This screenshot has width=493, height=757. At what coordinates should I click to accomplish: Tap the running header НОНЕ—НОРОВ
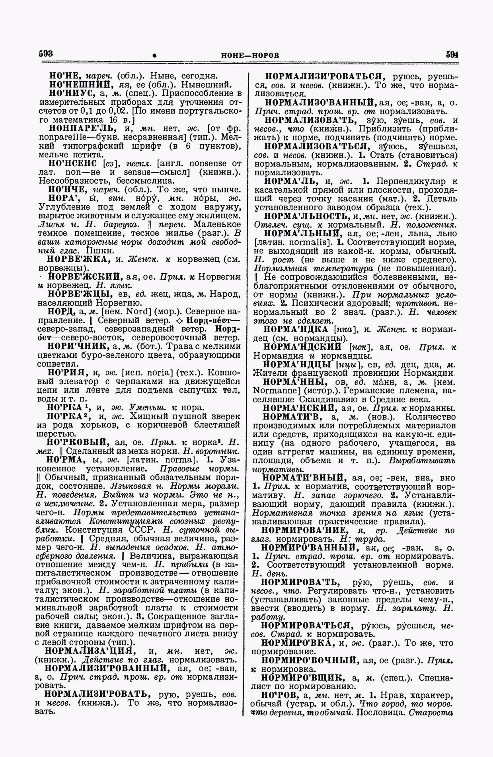250,55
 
